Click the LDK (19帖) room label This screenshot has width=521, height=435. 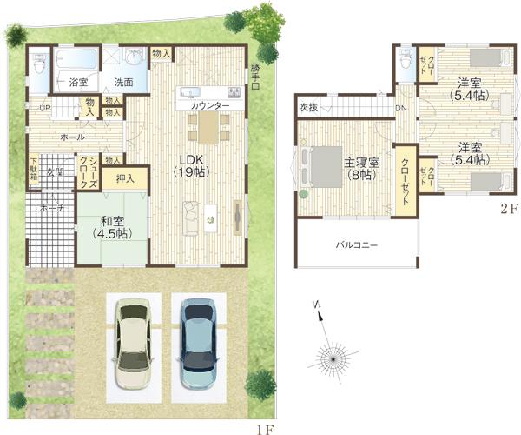[192, 165]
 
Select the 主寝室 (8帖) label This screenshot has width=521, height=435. [359, 168]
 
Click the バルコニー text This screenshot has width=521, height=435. [357, 246]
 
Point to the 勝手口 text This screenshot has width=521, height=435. [254, 77]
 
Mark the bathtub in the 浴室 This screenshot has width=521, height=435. [77, 61]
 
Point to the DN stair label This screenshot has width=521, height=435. [401, 108]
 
